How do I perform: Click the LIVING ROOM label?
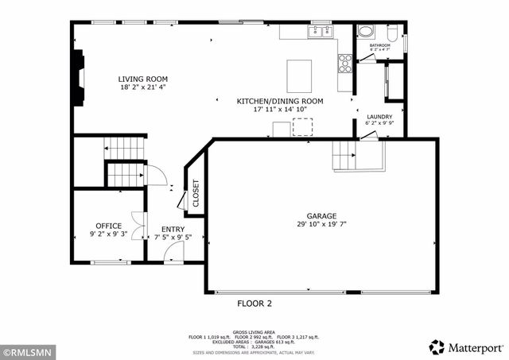click(x=143, y=79)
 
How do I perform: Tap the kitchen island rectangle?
click(x=299, y=75)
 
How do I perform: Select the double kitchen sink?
click(x=320, y=32)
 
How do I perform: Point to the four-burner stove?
click(x=345, y=63)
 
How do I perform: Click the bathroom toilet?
click(x=393, y=33)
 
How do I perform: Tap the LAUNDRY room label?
click(x=379, y=116)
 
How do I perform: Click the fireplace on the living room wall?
click(x=78, y=78)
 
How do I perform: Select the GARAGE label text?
click(x=322, y=215)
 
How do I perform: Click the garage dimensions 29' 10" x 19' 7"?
click(x=322, y=225)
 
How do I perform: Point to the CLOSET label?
click(x=196, y=192)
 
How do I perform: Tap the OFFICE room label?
click(x=108, y=226)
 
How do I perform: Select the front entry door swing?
click(x=174, y=253)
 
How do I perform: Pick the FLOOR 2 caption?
click(x=254, y=304)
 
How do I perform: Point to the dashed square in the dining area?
click(x=303, y=127)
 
